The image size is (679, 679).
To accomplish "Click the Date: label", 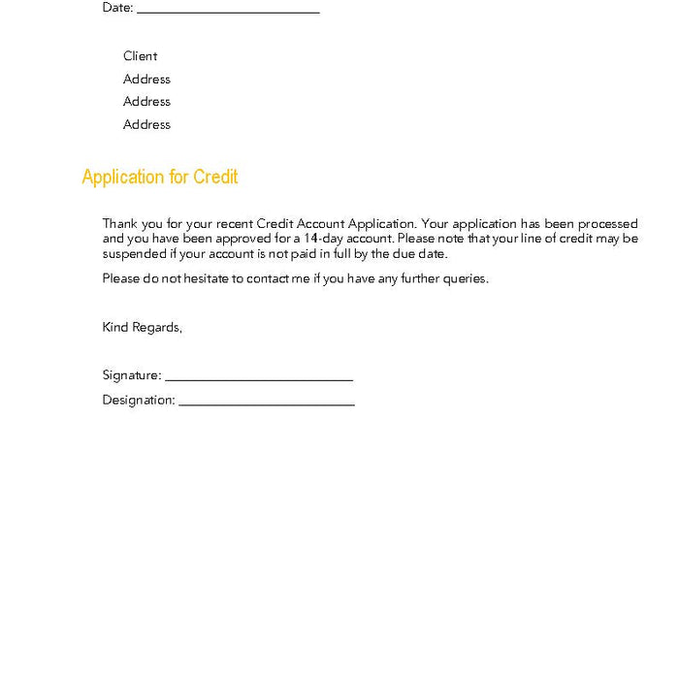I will (117, 8).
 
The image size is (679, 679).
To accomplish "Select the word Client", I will (140, 56).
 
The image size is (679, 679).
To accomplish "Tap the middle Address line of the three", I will (146, 102).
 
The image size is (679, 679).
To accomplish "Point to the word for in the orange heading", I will (178, 177).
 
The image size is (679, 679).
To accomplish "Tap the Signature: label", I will (131, 375).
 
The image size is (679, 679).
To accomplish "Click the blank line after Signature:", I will (258, 379).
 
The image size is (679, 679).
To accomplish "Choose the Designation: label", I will (139, 400).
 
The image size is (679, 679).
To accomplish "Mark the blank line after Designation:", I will (267, 404).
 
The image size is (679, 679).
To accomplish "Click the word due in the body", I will (406, 254).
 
